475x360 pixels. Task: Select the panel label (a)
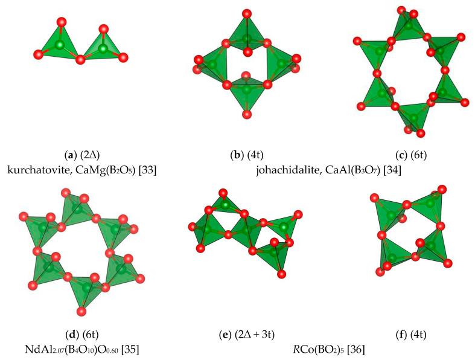[x=71, y=156]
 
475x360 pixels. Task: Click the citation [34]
[x=393, y=170]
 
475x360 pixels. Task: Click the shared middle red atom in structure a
[x=81, y=60]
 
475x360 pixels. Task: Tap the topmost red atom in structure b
[x=246, y=13]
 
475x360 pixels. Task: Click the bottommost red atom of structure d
[x=81, y=311]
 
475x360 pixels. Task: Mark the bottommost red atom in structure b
[x=246, y=115]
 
